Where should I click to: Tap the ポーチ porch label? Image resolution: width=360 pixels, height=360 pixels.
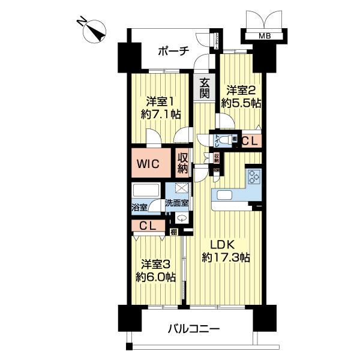coord(174,51)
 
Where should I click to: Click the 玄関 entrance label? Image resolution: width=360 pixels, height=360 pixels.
coord(205,89)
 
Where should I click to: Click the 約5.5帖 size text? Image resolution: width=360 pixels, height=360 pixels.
coord(241,103)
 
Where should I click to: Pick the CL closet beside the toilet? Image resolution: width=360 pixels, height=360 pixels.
coord(251,142)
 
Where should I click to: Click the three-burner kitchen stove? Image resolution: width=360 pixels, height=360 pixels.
coord(253,178)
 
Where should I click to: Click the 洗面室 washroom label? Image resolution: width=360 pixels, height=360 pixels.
coord(178,203)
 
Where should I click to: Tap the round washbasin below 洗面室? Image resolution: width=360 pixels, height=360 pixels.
coord(180,218)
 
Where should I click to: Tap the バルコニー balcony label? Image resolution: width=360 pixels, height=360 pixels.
coord(194,329)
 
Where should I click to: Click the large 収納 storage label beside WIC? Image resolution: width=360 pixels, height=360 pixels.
coord(182,163)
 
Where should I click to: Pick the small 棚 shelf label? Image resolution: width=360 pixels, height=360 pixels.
coord(173,231)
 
